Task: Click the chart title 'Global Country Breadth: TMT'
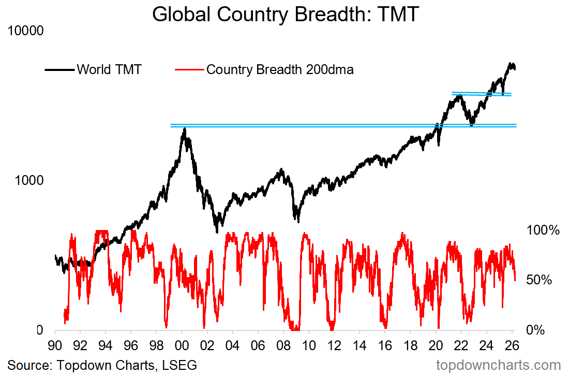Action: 284,14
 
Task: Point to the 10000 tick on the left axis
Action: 26,31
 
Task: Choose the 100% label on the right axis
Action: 543,230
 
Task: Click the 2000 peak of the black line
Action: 185,129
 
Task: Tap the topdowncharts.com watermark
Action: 499,365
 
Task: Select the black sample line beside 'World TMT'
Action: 59,69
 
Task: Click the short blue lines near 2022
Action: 481,94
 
